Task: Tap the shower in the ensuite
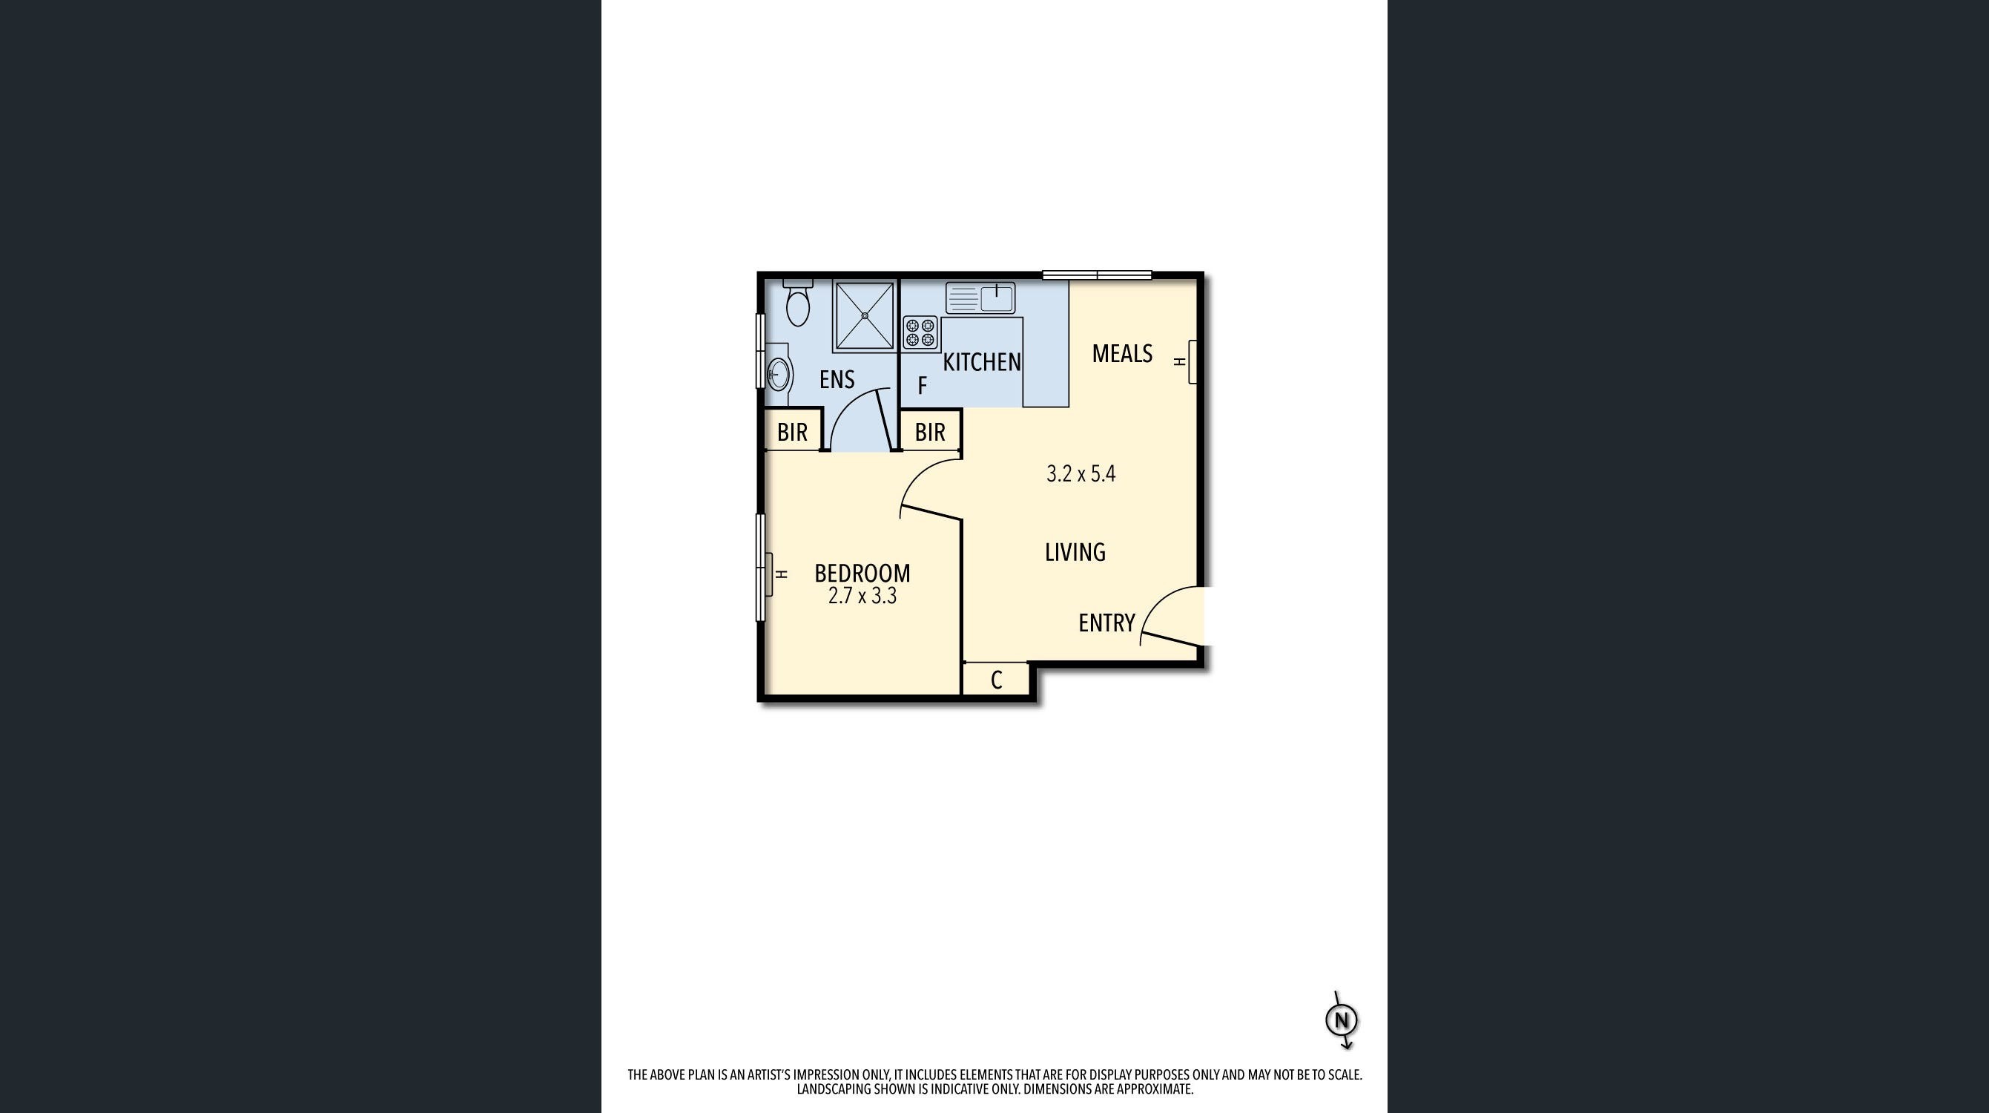coord(865,316)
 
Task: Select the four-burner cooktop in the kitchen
coord(920,333)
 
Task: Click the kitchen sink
coord(980,298)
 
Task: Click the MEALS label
coord(1122,354)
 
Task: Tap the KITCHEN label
coord(982,361)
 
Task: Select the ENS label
coord(837,379)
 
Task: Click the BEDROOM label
coord(862,573)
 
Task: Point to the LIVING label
coord(1075,552)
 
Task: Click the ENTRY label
coord(1106,623)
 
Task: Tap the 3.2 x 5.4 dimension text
coord(1081,473)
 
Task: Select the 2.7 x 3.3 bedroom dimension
coord(862,597)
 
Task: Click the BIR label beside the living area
coord(930,433)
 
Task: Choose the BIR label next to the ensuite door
coord(792,433)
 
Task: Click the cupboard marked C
coord(996,680)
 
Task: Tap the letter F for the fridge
coord(922,385)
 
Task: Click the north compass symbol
coord(1342,1020)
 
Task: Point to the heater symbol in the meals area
coord(1187,361)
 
